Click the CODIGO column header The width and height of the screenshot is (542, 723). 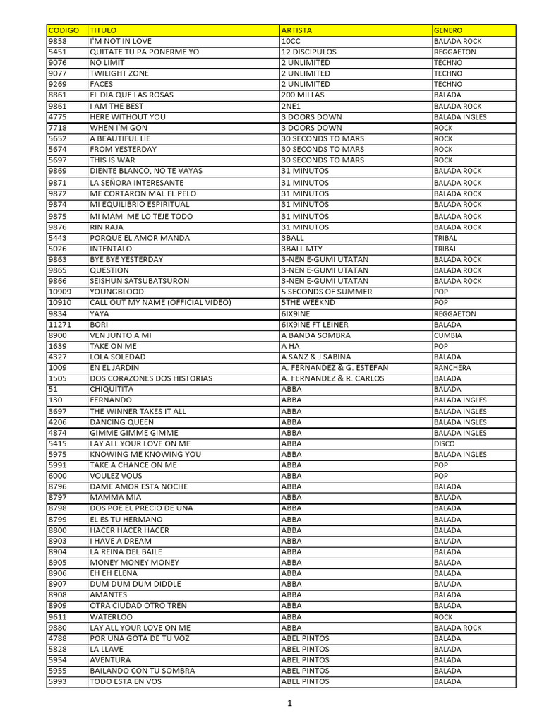point(63,30)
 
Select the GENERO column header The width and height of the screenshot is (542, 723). point(448,30)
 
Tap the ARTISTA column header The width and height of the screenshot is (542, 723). point(296,30)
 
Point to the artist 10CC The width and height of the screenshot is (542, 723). point(291,41)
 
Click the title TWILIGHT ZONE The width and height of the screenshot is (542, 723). point(119,73)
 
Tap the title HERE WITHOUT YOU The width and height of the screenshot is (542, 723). point(128,116)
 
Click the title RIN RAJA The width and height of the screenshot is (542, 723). point(107,227)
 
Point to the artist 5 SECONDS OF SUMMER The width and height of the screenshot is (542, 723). point(326,292)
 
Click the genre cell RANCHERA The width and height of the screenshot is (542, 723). point(452,368)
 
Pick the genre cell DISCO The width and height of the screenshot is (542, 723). point(445,443)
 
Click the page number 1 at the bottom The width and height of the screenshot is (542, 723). point(289,703)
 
